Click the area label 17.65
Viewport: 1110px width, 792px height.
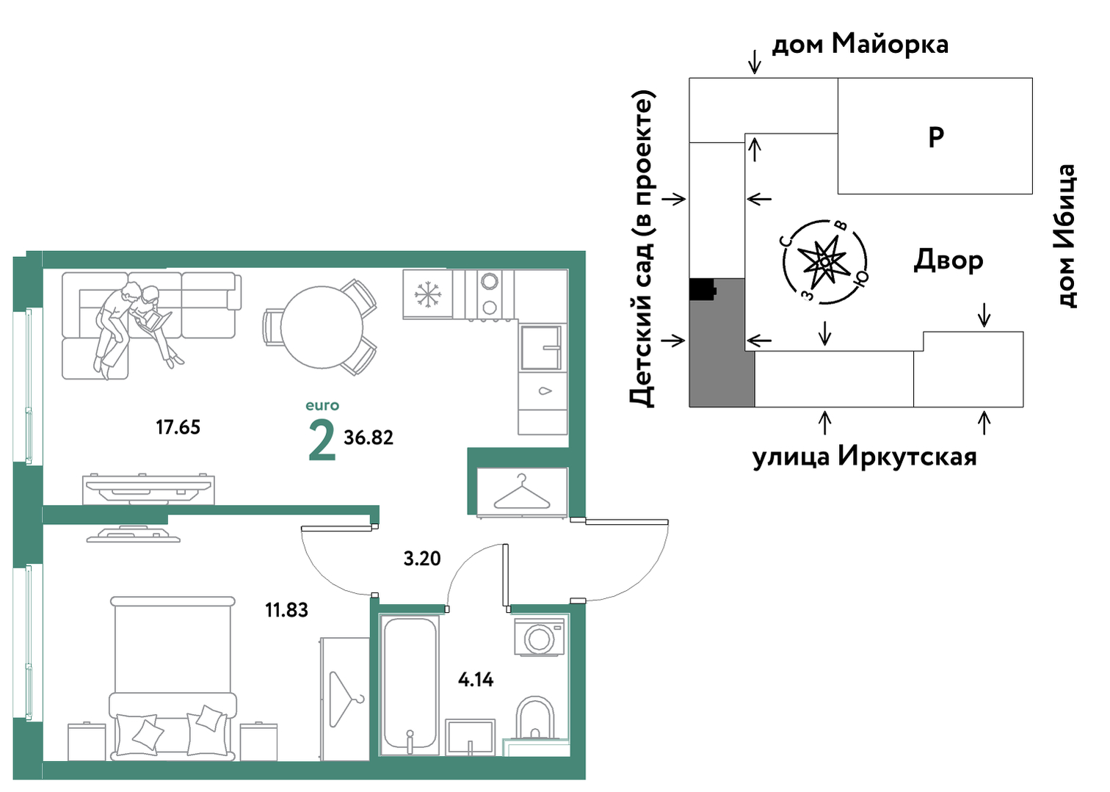(x=178, y=427)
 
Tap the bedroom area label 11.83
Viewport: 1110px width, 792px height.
(x=286, y=610)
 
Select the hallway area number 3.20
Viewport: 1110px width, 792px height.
(x=421, y=559)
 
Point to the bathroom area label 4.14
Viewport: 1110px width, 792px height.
(x=476, y=680)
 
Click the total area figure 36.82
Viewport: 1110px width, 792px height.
(x=369, y=438)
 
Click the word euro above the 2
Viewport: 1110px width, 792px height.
(x=322, y=406)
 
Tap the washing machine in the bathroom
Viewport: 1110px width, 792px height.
(x=539, y=637)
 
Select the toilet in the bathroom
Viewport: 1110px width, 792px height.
(x=534, y=719)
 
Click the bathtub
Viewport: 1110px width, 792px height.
(x=410, y=685)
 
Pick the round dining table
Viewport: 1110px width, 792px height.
(x=322, y=327)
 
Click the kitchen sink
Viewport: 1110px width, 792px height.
(x=541, y=347)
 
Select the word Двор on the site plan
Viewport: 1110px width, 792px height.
(x=948, y=261)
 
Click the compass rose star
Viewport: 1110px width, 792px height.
(x=824, y=261)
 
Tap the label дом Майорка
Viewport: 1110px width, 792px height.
(x=860, y=44)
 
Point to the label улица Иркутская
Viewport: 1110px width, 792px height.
(x=865, y=456)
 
